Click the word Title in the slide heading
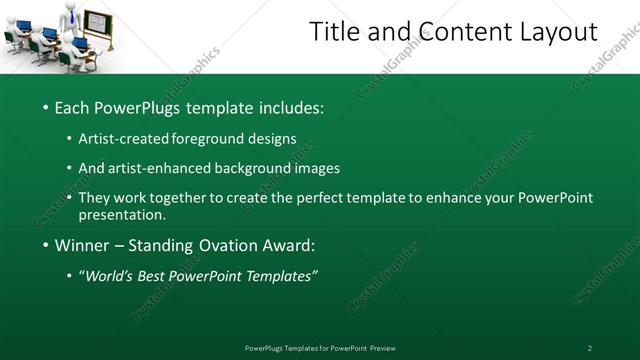333,32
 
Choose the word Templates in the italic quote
275,276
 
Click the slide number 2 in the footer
589,347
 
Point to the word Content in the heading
451,32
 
